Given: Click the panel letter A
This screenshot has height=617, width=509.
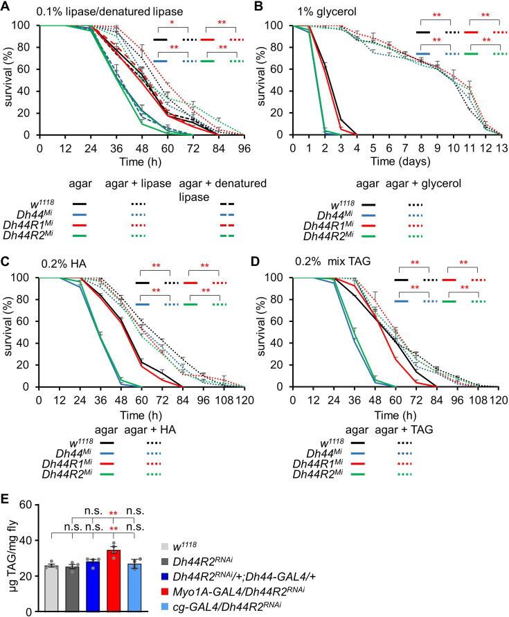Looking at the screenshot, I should click(x=6, y=6).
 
